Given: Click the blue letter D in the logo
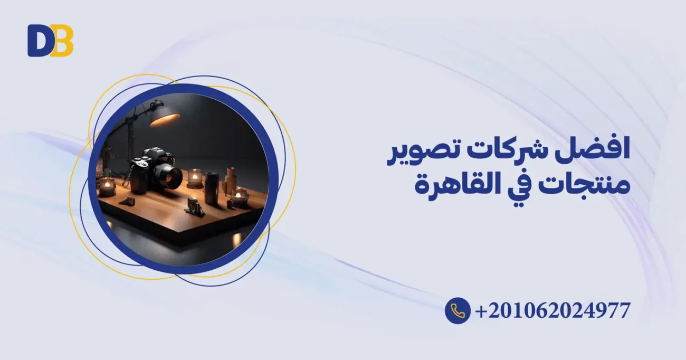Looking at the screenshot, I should (x=38, y=41).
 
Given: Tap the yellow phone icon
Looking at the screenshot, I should (x=457, y=310).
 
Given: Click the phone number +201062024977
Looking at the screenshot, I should (x=552, y=310).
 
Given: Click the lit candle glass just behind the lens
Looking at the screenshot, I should (x=195, y=178).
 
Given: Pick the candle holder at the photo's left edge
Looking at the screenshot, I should (x=107, y=186).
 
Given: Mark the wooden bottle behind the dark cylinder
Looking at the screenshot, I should (x=230, y=179).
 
